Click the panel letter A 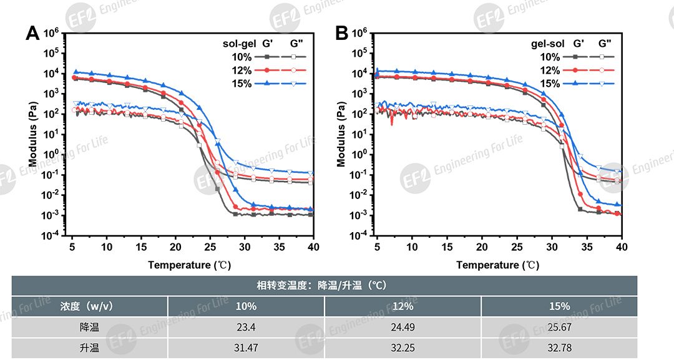32,33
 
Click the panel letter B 341,33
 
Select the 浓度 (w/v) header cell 89,306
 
